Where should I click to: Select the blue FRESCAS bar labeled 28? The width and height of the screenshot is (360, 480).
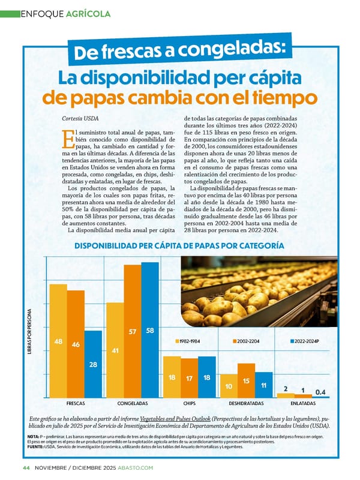click(x=93, y=364)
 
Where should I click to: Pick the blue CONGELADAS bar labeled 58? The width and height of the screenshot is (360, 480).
click(x=150, y=330)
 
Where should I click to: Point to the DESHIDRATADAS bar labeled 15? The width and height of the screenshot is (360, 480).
click(x=246, y=380)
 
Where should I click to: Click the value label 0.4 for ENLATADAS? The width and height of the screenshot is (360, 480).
click(x=320, y=392)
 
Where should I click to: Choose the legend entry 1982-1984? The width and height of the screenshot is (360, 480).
click(x=188, y=341)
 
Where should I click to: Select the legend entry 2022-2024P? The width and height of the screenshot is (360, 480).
click(x=305, y=341)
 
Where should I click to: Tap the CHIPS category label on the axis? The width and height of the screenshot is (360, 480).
click(x=190, y=404)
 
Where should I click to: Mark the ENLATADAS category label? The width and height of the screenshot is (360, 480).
click(x=303, y=404)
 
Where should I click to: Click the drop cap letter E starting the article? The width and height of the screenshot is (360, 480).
click(x=67, y=139)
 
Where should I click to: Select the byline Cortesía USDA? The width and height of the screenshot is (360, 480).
click(x=80, y=118)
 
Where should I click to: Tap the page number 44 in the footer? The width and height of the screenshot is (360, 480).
click(x=26, y=467)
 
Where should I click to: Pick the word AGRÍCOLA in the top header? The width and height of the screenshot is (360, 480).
click(x=88, y=13)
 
